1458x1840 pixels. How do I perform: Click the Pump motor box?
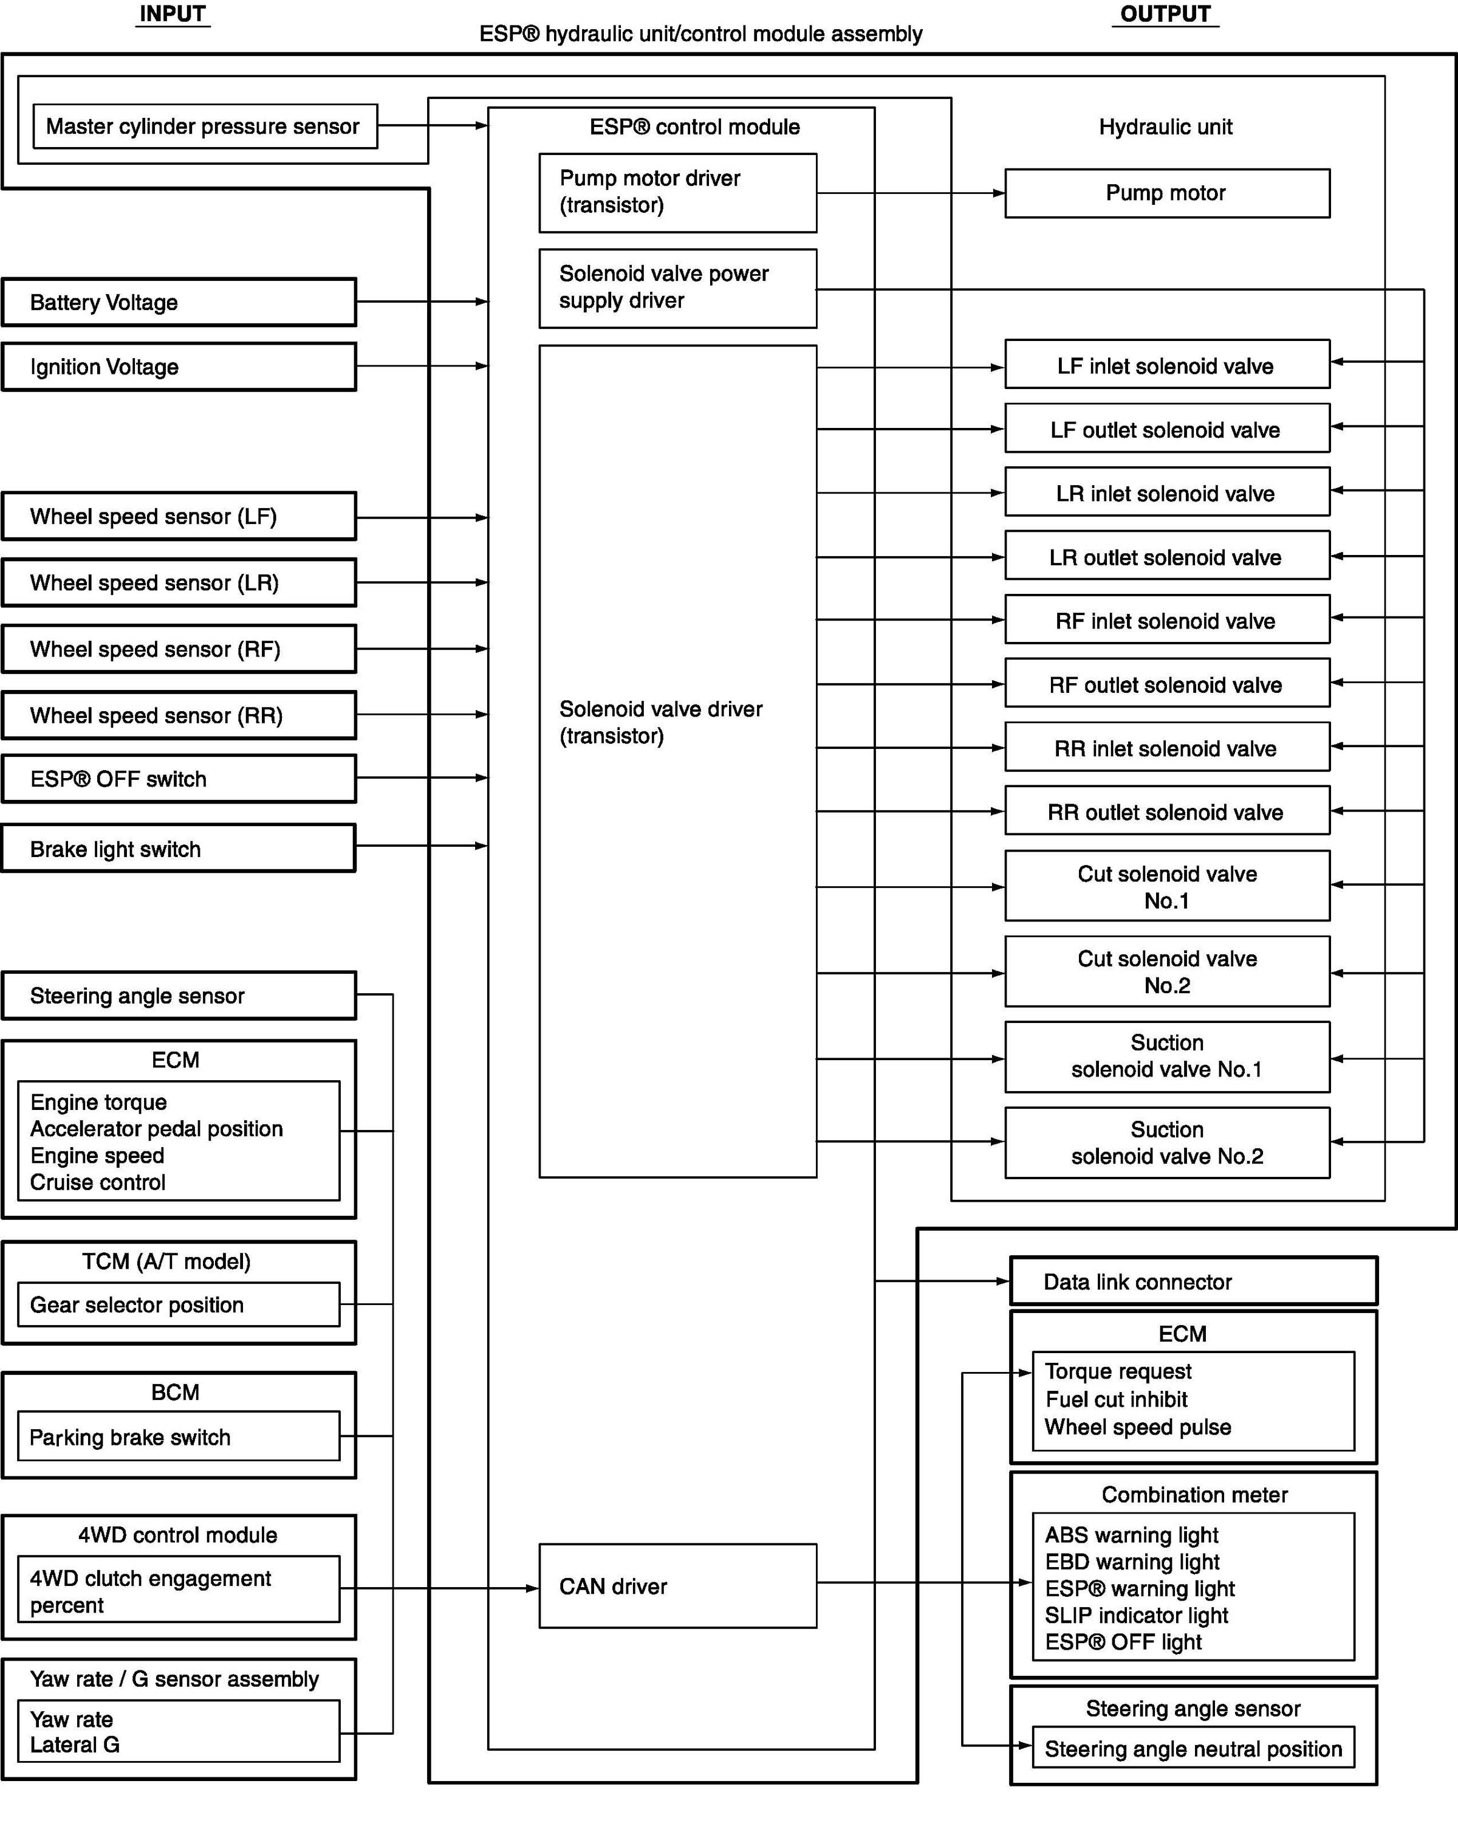1166,193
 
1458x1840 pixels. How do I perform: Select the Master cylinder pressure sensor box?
205,126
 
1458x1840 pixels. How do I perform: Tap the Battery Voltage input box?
179,302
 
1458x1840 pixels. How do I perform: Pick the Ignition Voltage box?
179,367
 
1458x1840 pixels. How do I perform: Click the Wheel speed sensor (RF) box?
179,649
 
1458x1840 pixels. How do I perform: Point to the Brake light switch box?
179,849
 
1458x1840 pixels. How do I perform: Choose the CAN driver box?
677,1586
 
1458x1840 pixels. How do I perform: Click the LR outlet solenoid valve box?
1166,557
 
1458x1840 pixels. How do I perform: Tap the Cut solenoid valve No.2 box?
1166,972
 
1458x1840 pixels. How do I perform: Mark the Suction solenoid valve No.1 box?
1166,1056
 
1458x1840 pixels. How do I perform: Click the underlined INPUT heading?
173,15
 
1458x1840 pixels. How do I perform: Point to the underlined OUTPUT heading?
1165,15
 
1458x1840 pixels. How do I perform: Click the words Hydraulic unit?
1165,127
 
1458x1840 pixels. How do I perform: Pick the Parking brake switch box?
179,1437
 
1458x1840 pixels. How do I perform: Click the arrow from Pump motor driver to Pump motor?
910,193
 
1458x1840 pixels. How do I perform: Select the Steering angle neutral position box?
1193,1749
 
